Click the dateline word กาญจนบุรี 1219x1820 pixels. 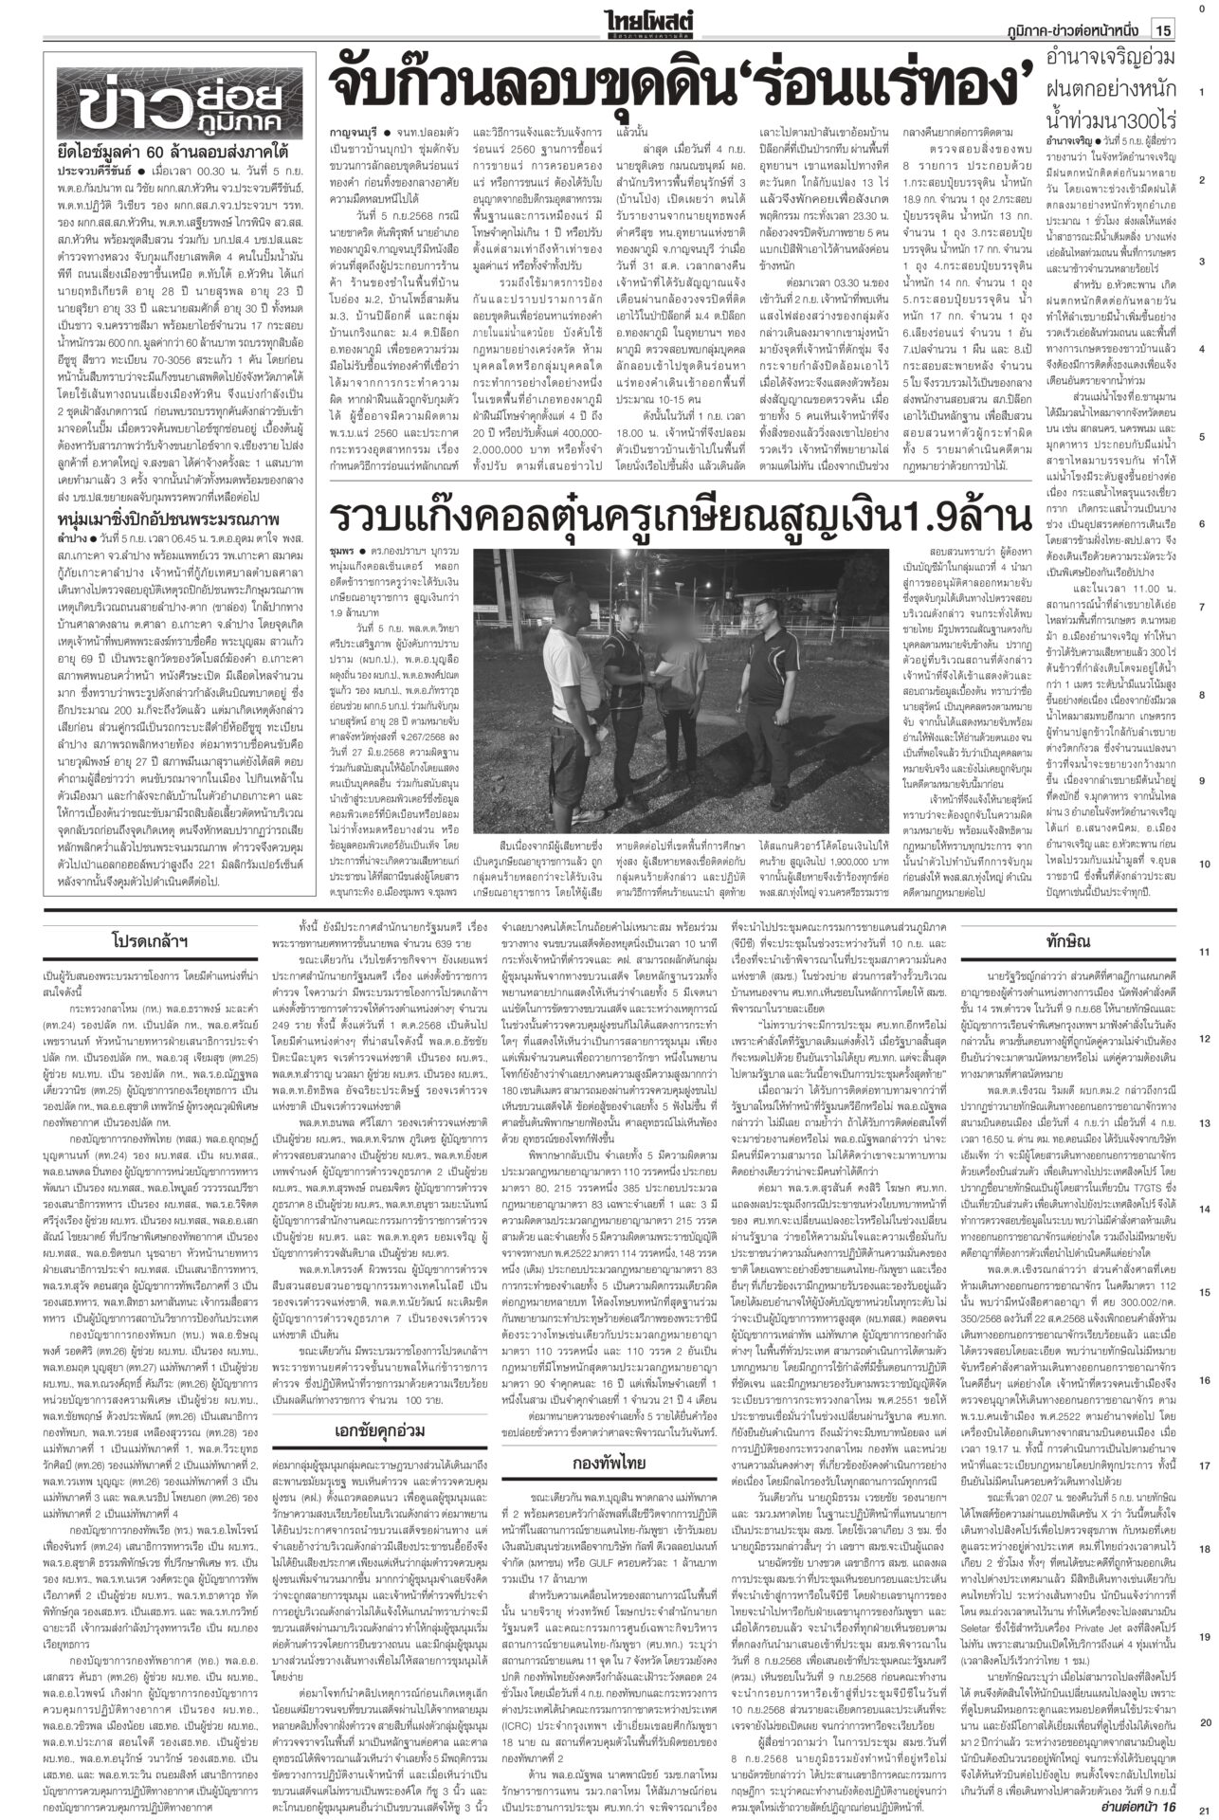(x=355, y=149)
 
